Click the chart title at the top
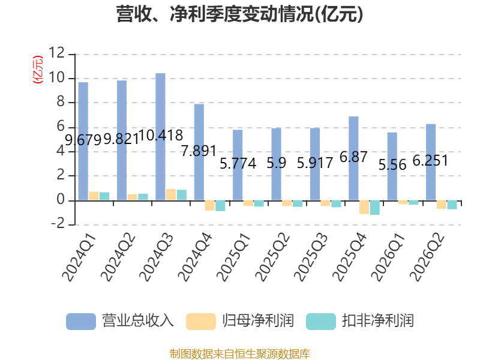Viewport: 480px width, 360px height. pyautogui.click(x=239, y=14)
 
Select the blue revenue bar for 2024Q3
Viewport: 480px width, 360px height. pyautogui.click(x=160, y=137)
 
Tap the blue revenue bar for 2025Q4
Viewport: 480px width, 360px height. pyautogui.click(x=353, y=158)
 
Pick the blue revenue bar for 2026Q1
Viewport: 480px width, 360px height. pyautogui.click(x=392, y=166)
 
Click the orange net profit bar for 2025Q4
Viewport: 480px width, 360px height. pyautogui.click(x=364, y=207)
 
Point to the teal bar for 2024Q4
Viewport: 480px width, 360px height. pyautogui.click(x=220, y=206)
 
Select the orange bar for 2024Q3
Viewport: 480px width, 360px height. pyautogui.click(x=171, y=194)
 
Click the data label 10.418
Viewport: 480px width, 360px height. pyautogui.click(x=161, y=136)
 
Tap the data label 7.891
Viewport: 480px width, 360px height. pyautogui.click(x=199, y=151)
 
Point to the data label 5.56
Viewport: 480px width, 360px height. pyautogui.click(x=392, y=165)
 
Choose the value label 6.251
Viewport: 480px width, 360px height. pyautogui.click(x=430, y=160)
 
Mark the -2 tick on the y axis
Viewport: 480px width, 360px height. pyautogui.click(x=58, y=224)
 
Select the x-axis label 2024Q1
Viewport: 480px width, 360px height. pyautogui.click(x=79, y=257)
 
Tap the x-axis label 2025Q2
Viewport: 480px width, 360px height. pyautogui.click(x=272, y=257)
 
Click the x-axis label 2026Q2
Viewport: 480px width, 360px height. pyautogui.click(x=427, y=257)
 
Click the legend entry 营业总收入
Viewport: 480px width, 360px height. pyautogui.click(x=120, y=321)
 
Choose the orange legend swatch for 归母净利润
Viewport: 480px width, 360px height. pyautogui.click(x=201, y=322)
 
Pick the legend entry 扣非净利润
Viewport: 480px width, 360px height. pyautogui.click(x=360, y=321)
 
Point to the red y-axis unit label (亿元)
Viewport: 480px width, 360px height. pyautogui.click(x=38, y=70)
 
